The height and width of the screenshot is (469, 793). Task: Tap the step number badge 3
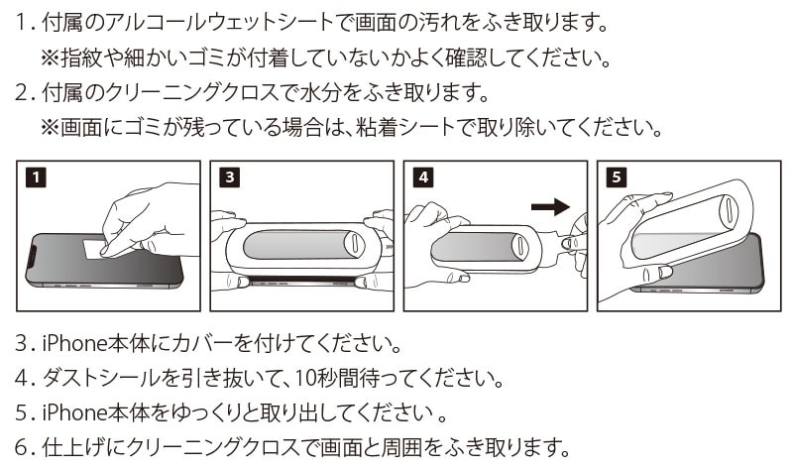point(230,178)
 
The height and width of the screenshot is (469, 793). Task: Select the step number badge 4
point(423,178)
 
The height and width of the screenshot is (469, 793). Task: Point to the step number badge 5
point(617,178)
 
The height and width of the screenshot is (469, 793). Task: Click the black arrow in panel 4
point(551,206)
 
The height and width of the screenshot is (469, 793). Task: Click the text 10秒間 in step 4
point(343,378)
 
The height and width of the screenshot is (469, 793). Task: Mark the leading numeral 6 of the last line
point(23,444)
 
